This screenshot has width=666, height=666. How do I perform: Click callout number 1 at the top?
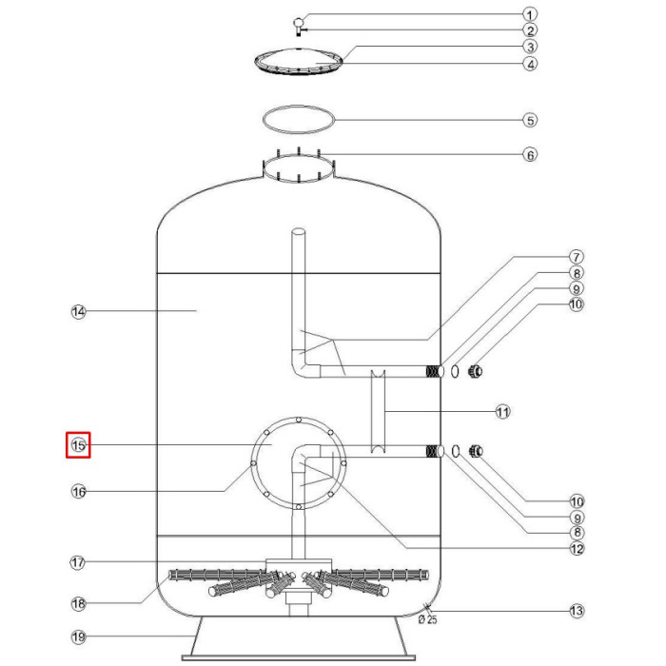pos(531,14)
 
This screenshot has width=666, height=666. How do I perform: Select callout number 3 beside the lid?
pos(531,47)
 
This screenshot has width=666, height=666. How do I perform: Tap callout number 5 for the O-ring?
pos(531,121)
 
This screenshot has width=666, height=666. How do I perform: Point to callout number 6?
pos(531,154)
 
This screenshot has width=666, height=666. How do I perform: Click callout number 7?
pos(577,257)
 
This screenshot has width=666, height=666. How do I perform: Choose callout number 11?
pos(503,412)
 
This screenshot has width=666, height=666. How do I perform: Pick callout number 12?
pos(577,548)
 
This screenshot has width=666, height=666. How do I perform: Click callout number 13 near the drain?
pos(577,611)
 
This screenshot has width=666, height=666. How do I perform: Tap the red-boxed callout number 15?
pos(78,444)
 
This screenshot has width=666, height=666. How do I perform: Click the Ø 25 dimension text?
pos(427,620)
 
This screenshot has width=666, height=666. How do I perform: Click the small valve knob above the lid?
pos(298,22)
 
